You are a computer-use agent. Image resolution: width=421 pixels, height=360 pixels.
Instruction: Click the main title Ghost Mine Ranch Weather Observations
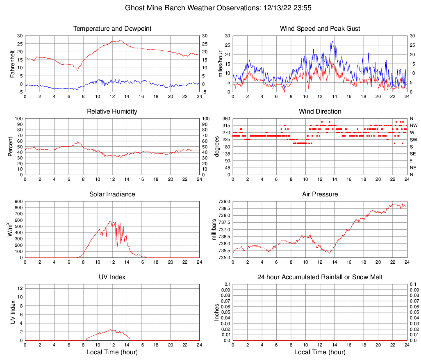pyautogui.click(x=210, y=8)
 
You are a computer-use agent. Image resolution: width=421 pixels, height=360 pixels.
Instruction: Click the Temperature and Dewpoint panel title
pyautogui.click(x=112, y=29)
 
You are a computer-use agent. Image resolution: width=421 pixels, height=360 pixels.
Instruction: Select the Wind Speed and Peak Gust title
pyautogui.click(x=320, y=29)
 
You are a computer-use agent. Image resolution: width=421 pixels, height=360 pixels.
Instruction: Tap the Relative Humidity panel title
pyautogui.click(x=112, y=112)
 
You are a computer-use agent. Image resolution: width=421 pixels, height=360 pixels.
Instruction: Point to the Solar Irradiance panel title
pyautogui.click(x=112, y=194)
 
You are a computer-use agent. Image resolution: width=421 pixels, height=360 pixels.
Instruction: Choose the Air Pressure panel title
pyautogui.click(x=320, y=194)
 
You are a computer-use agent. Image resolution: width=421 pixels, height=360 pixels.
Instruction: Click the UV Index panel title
pyautogui.click(x=112, y=277)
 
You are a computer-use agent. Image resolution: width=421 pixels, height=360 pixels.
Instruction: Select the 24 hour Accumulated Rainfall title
pyautogui.click(x=320, y=277)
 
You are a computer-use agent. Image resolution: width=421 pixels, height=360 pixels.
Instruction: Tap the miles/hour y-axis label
pyautogui.click(x=220, y=64)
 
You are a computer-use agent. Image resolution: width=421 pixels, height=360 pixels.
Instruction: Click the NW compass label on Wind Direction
pyautogui.click(x=414, y=125)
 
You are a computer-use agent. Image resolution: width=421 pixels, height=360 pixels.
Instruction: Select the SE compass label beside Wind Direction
pyautogui.click(x=413, y=154)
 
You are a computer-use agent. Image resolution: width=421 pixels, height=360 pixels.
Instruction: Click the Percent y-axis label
pyautogui.click(x=10, y=147)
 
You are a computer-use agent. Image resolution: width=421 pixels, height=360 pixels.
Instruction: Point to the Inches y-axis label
pyautogui.click(x=217, y=312)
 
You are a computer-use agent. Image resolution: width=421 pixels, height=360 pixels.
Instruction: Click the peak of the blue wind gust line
pyautogui.click(x=332, y=41)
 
